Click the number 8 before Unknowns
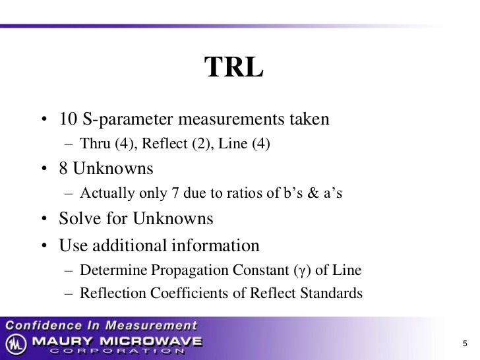[x=64, y=169]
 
